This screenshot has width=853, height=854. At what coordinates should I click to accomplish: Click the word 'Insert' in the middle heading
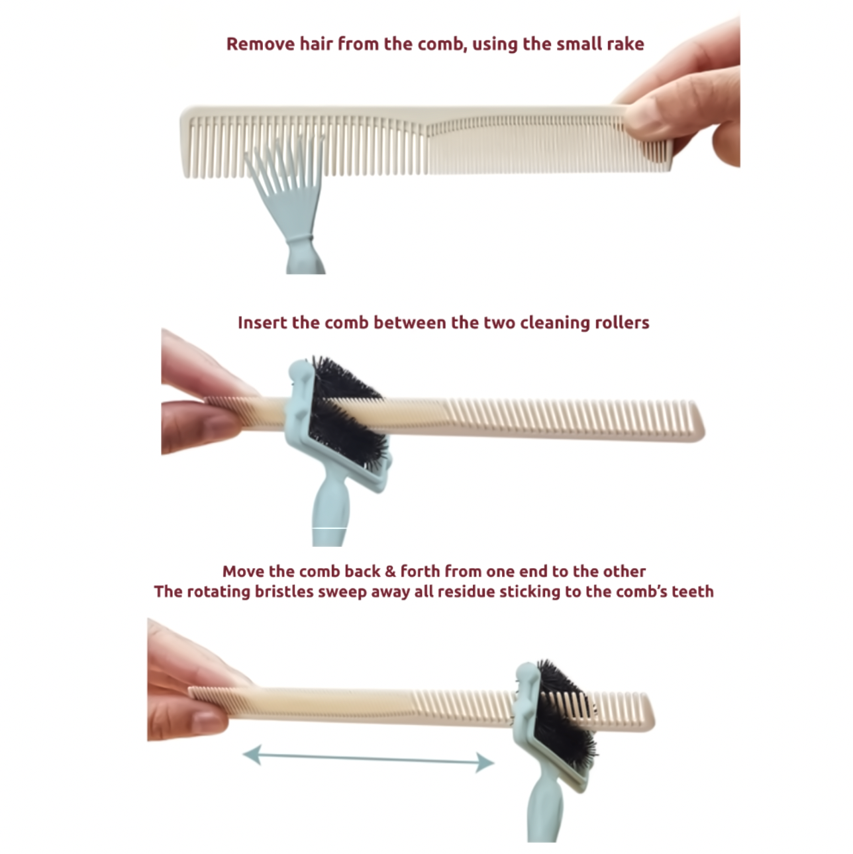pos(263,322)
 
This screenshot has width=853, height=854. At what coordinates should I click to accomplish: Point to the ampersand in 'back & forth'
pos(390,571)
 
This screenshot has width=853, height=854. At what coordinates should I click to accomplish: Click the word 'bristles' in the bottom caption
pos(283,592)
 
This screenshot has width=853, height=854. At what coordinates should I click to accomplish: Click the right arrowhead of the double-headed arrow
pos(485,762)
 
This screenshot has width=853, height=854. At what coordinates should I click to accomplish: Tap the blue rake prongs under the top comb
pos(283,177)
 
